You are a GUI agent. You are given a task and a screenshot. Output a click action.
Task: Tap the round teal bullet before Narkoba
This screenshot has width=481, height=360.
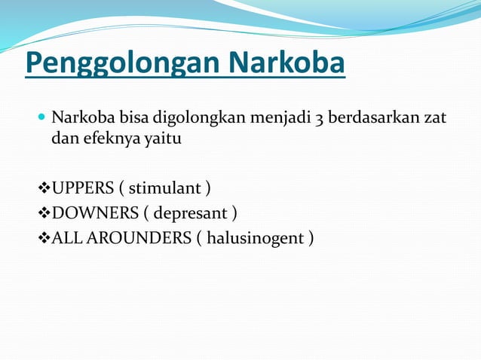click(x=41, y=118)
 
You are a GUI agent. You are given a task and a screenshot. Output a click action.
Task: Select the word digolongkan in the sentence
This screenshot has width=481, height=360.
click(x=192, y=120)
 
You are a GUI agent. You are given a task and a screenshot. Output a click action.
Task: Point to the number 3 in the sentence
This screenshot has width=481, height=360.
click(x=320, y=120)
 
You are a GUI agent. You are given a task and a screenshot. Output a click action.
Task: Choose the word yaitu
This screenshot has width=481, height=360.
click(x=164, y=140)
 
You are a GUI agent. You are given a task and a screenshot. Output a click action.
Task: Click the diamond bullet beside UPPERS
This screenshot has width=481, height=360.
click(x=43, y=188)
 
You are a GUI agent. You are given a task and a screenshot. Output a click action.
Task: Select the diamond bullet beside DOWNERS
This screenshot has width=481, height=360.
click(x=43, y=213)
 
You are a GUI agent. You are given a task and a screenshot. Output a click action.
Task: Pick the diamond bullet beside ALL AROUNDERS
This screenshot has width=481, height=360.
click(x=43, y=239)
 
